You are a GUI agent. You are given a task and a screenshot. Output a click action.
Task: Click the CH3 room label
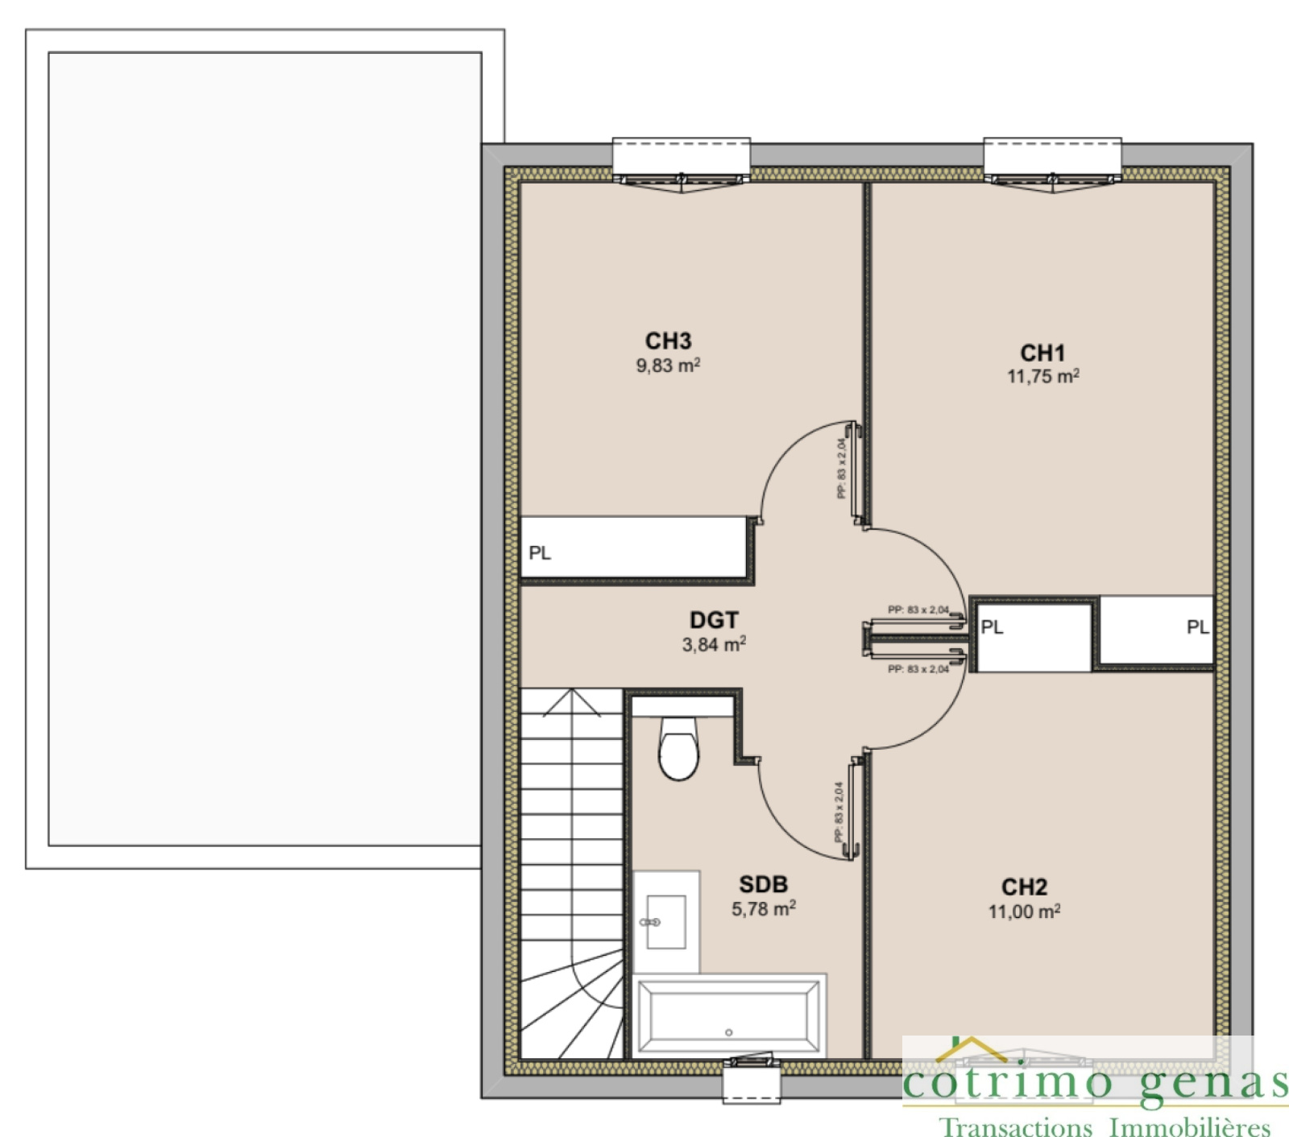pos(668,341)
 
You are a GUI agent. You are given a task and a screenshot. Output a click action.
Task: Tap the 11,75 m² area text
pos(1042,376)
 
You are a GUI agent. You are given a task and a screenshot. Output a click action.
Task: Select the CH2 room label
pos(1024,887)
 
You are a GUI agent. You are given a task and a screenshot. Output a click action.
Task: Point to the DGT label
pos(714,620)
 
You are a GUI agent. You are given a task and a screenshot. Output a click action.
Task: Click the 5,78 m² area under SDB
pos(763,909)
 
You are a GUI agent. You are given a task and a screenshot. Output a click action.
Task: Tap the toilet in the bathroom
pos(678,749)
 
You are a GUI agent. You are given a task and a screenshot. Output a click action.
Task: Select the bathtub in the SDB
pos(728,1016)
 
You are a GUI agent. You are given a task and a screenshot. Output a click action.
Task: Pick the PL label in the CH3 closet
pos(540,553)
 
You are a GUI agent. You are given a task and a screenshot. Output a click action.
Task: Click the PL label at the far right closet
pos(1197,626)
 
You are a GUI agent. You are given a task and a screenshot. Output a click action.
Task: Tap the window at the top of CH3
pos(682,161)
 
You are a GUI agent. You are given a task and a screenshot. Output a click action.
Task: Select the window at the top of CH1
pos(1052,161)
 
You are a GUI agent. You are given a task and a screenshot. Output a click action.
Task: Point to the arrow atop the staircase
pos(572,702)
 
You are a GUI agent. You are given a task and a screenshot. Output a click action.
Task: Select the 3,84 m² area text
pos(714,644)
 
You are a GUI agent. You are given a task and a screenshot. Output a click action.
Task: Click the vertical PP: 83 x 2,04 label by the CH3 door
pos(841,469)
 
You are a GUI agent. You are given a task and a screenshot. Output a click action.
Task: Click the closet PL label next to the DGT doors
pos(992,626)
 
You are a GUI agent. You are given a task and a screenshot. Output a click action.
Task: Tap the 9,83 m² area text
pos(668,366)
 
